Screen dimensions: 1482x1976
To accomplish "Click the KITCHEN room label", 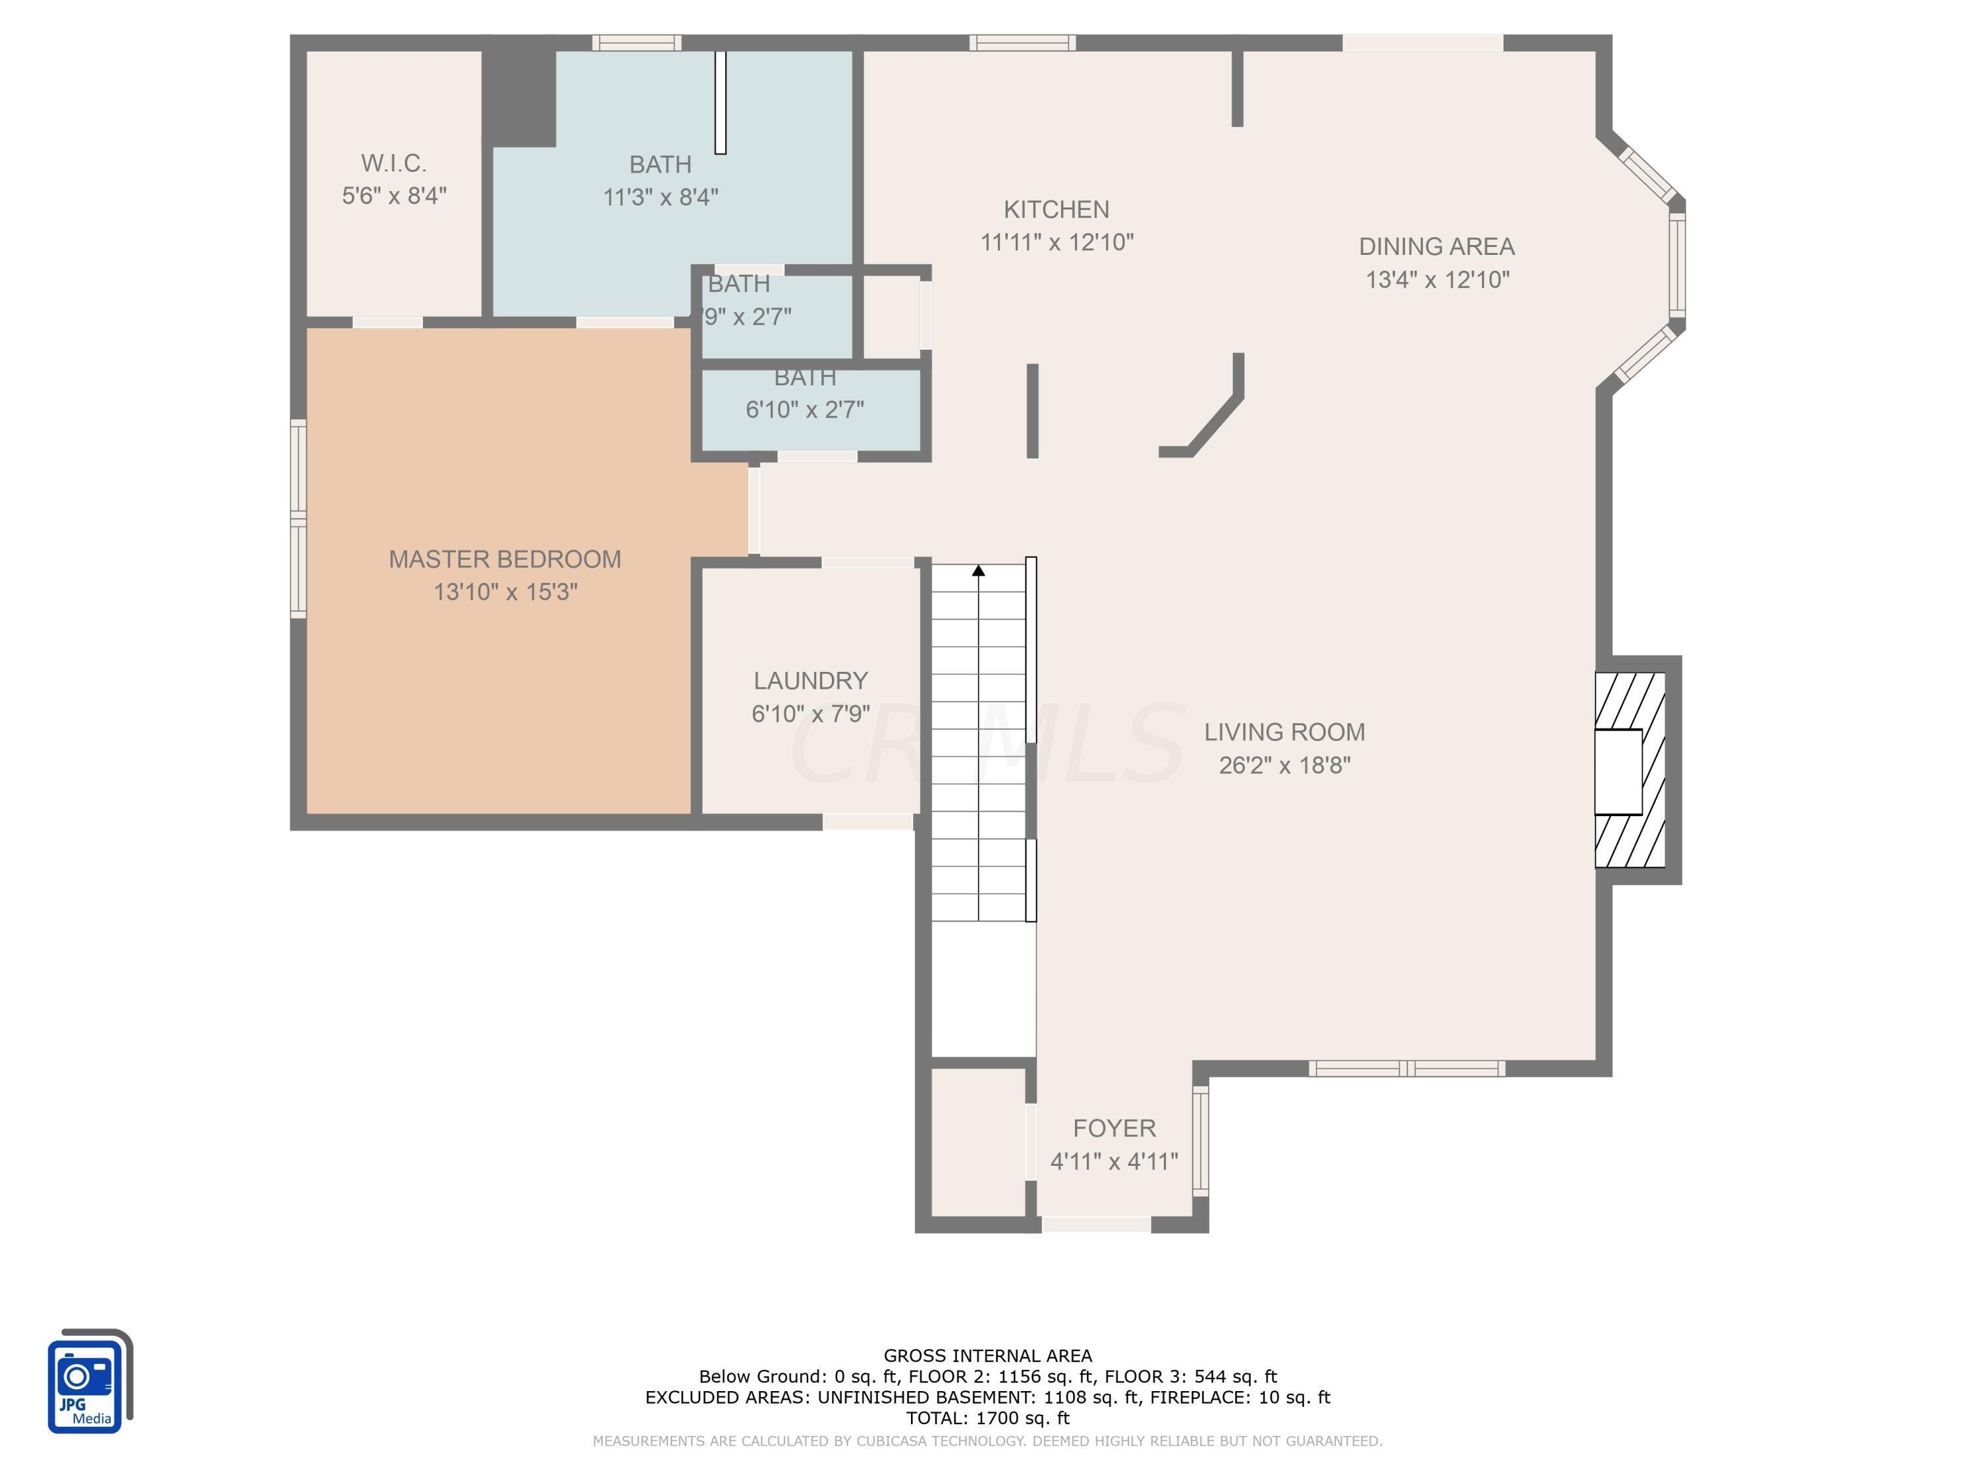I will (1056, 209).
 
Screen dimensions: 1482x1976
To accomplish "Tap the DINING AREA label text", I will (1437, 246).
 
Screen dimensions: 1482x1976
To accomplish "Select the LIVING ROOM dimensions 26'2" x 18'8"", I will (1284, 765).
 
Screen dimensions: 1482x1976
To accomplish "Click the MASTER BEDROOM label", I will (505, 559).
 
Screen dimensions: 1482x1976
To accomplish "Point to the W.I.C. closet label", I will (393, 163).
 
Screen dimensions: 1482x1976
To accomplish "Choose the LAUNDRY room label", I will (810, 680).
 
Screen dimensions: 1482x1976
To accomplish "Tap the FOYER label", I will (1114, 1128).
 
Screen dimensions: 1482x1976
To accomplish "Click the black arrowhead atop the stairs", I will (978, 570).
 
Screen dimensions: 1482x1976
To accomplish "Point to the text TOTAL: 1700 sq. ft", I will (987, 1417).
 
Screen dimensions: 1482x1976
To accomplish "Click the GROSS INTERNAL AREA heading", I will (987, 1356).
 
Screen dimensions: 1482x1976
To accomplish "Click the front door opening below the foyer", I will (1095, 1224).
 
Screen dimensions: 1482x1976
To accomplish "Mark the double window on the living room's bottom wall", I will (1406, 1068).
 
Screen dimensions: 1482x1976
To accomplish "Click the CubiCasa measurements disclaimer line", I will (987, 1441).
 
